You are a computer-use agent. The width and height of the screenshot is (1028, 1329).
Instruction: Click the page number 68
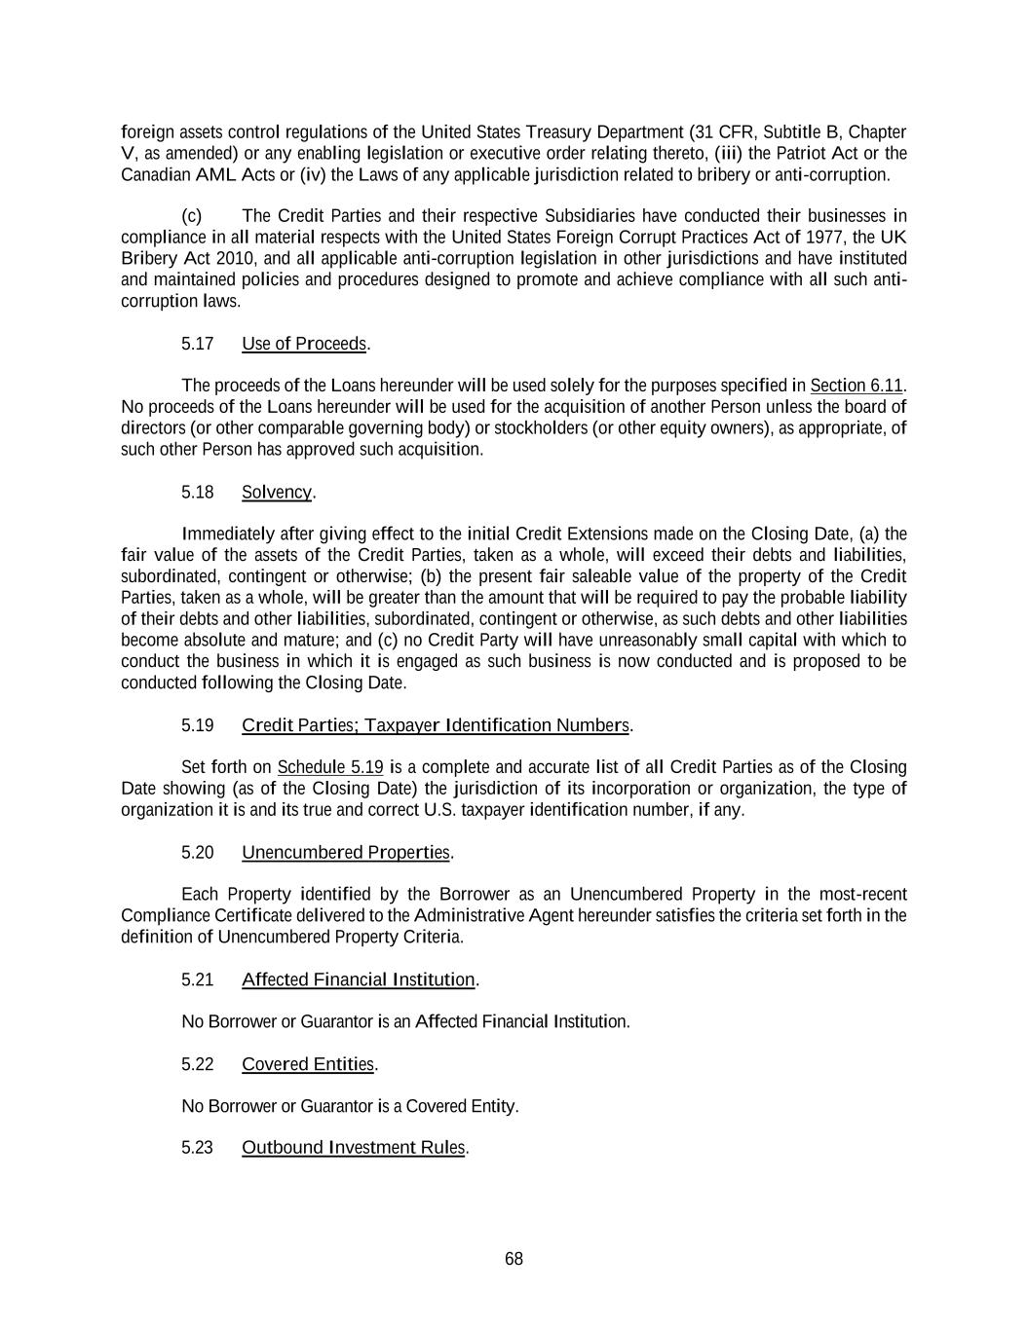tap(514, 1259)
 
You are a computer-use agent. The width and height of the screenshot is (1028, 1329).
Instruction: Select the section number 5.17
tap(198, 344)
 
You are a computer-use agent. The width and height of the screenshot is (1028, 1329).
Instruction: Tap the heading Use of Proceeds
tap(304, 344)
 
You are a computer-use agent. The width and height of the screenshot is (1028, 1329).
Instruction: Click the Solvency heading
tap(277, 492)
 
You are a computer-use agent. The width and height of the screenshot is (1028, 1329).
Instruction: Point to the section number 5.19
tap(198, 725)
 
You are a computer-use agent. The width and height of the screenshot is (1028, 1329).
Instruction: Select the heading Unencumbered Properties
tap(346, 853)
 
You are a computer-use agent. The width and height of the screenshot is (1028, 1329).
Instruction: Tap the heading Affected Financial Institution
tap(358, 979)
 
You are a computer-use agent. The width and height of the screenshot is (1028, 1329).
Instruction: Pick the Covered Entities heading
tap(307, 1064)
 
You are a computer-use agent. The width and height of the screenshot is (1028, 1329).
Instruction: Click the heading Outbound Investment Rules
tap(354, 1147)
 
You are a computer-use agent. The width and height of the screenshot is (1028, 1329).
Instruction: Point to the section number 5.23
tap(198, 1147)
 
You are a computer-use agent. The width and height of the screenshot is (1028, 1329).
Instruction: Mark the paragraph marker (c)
tap(192, 215)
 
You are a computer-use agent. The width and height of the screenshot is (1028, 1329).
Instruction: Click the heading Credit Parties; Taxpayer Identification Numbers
tap(436, 725)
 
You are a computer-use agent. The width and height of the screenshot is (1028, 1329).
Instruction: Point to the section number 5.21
tap(198, 979)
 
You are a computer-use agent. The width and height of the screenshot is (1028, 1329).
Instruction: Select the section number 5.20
tap(198, 853)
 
